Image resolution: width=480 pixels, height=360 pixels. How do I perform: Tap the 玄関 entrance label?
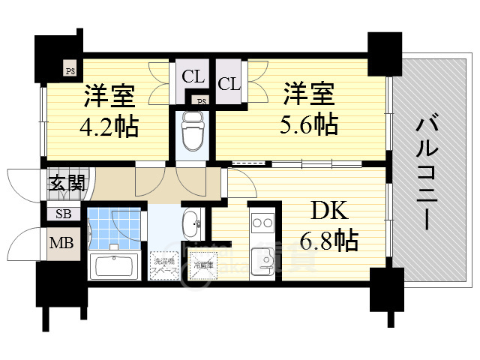point(65,182)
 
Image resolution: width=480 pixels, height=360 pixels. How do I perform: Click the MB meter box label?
point(61,242)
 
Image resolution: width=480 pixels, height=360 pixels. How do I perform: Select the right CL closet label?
point(229,84)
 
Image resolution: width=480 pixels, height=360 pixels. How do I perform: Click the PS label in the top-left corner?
point(70,72)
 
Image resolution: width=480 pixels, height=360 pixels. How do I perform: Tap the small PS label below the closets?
point(201,100)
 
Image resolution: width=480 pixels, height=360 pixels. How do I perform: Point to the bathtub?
point(112,266)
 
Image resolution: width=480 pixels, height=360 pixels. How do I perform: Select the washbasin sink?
point(190,222)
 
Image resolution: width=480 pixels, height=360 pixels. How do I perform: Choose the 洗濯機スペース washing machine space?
point(163,265)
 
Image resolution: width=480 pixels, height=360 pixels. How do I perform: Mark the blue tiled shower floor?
point(112,226)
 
